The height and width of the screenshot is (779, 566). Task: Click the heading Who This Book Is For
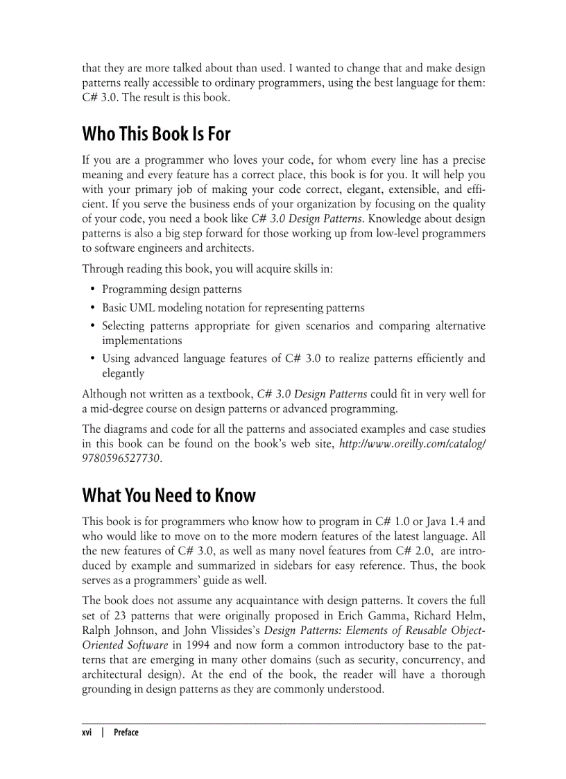156,133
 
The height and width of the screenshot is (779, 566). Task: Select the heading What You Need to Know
169,495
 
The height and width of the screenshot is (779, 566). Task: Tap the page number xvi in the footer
87,733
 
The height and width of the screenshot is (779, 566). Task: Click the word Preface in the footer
126,733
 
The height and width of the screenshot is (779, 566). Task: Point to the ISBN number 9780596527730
121,459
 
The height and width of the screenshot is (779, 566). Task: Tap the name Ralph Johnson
115,630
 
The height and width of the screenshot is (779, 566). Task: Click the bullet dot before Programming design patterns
93,289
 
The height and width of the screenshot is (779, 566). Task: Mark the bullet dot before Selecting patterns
93,326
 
